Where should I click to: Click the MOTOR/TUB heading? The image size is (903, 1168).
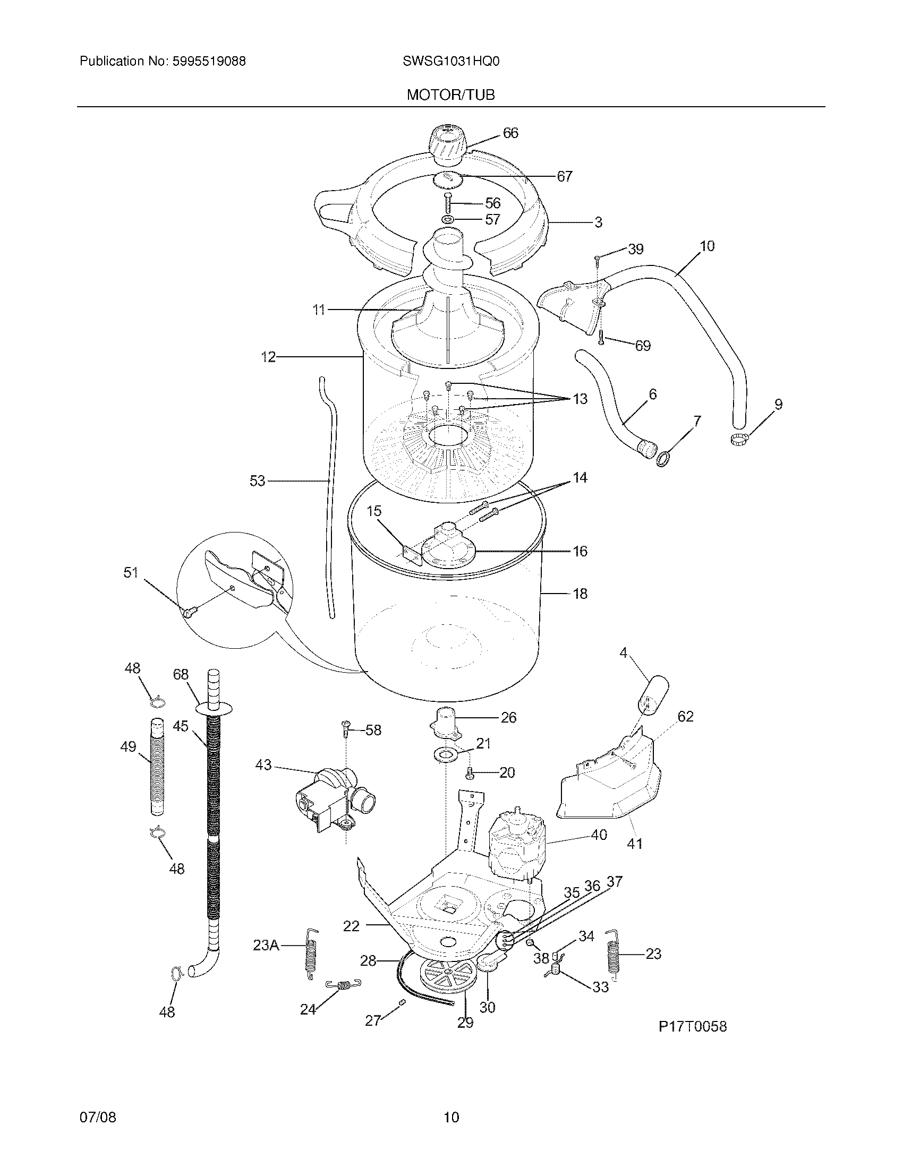pyautogui.click(x=450, y=95)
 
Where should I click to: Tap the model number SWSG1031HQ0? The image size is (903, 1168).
pyautogui.click(x=450, y=62)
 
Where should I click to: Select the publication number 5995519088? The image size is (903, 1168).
pyautogui.click(x=209, y=62)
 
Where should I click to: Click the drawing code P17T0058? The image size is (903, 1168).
pyautogui.click(x=692, y=1026)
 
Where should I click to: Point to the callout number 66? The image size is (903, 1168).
pyautogui.click(x=510, y=133)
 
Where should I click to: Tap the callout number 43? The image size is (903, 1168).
pyautogui.click(x=263, y=765)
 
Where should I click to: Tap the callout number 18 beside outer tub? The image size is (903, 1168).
pyautogui.click(x=580, y=594)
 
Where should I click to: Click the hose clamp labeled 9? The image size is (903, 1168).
pyautogui.click(x=739, y=440)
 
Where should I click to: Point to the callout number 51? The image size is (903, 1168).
pyautogui.click(x=131, y=573)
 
